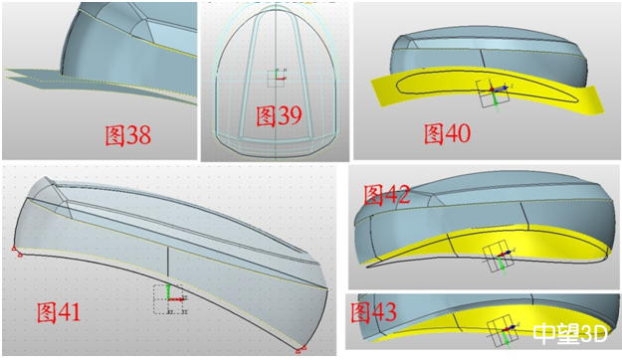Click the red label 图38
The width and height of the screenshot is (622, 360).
(127, 135)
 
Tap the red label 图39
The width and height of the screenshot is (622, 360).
(279, 115)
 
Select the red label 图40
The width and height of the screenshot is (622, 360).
(448, 133)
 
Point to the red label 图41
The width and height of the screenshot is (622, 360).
(59, 312)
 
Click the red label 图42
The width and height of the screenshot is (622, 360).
(387, 195)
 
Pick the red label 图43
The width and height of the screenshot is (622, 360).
(373, 312)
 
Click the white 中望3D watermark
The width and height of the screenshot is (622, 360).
(570, 333)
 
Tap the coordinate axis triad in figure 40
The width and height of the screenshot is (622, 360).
(493, 93)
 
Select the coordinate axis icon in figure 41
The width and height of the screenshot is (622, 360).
(170, 299)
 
